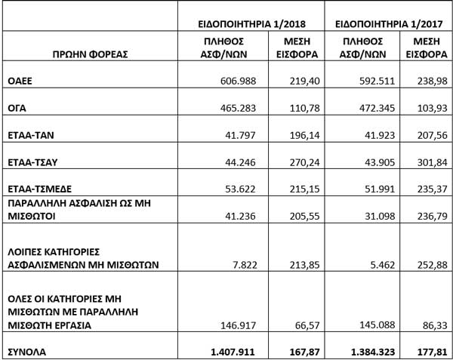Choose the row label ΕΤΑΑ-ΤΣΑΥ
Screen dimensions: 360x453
(x=33, y=162)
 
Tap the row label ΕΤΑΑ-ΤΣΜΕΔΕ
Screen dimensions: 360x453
(x=39, y=187)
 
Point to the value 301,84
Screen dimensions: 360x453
(x=431, y=162)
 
